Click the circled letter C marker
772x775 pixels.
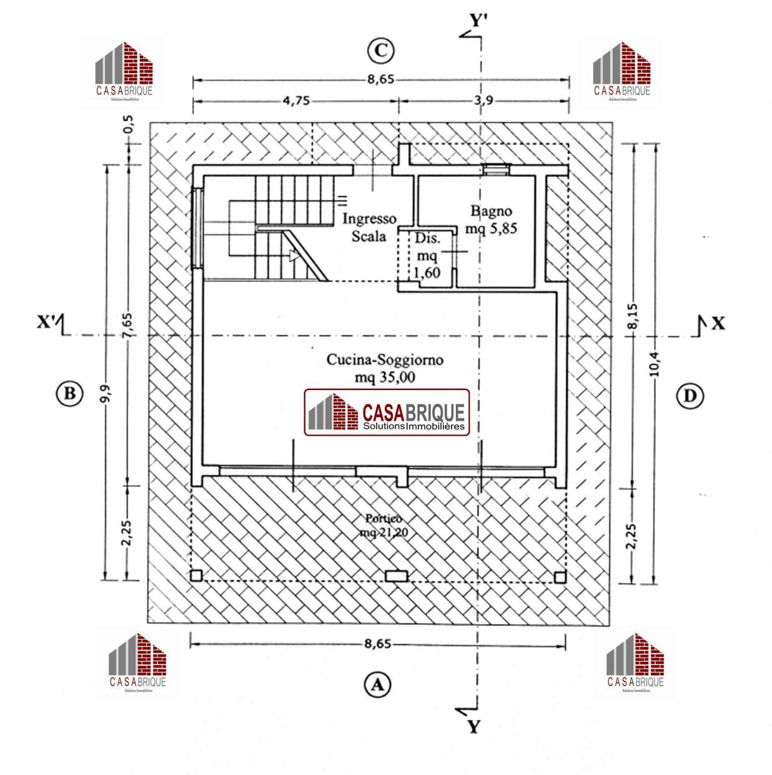(x=380, y=51)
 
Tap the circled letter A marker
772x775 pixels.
(x=377, y=684)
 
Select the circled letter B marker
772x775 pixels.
(x=69, y=393)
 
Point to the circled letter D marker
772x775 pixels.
(x=690, y=396)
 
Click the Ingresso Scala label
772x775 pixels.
(x=369, y=227)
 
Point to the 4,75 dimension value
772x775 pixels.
(x=296, y=100)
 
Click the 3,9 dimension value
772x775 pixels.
(x=483, y=100)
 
